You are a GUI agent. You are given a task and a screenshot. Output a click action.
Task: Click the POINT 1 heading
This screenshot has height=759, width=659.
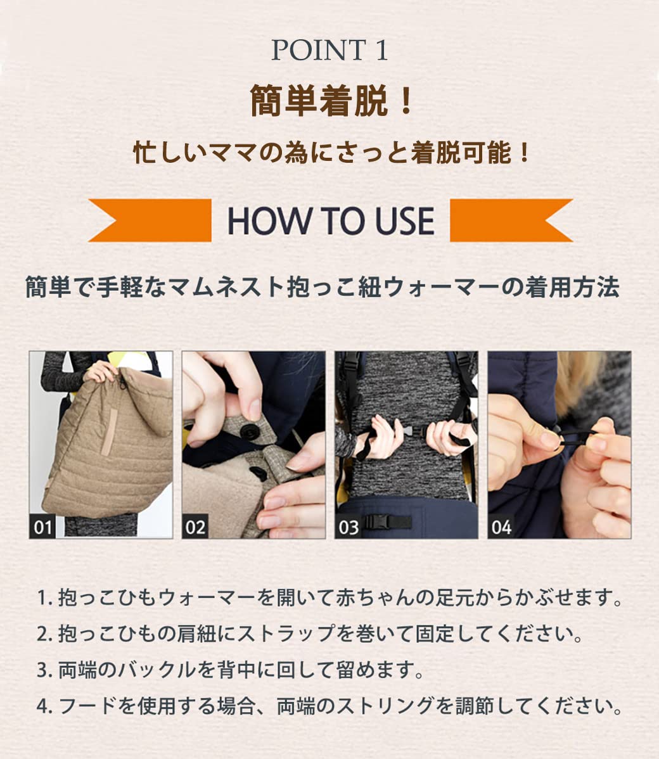pos(329,51)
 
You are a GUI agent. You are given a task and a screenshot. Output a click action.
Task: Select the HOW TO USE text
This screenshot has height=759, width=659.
pos(330,220)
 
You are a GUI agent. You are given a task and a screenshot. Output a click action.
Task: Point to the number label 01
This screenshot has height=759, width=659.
pos(43,526)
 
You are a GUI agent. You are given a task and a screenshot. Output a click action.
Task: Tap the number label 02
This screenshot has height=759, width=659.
pos(196,526)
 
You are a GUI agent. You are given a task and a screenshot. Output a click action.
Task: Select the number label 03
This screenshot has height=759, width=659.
pos(349,526)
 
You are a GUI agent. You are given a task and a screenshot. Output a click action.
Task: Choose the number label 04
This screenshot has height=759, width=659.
pos(501,526)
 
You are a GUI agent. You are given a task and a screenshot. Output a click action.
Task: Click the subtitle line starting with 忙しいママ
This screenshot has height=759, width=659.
pos(330,153)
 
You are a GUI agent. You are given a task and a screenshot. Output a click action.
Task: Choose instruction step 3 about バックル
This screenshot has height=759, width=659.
pos(229,670)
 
